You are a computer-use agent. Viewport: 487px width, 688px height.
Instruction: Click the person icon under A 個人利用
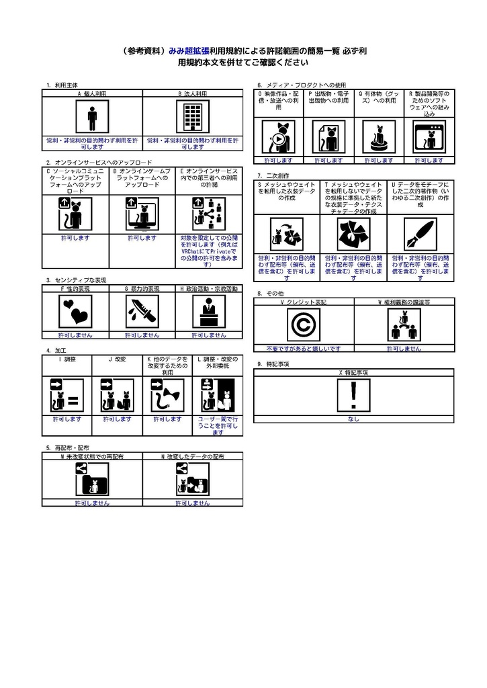click(92, 118)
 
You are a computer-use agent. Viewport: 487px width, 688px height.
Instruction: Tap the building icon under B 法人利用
click(193, 118)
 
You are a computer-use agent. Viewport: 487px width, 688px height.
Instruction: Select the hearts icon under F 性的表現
click(75, 312)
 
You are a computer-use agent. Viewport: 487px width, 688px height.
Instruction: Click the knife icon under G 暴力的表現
click(142, 312)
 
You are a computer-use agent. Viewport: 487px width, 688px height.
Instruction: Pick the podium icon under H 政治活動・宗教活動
click(209, 312)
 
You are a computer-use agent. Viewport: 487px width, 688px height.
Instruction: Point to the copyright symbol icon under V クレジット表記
click(303, 325)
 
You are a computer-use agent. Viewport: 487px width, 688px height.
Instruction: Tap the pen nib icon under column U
click(420, 235)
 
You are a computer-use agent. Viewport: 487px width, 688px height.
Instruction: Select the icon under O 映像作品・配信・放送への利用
click(278, 138)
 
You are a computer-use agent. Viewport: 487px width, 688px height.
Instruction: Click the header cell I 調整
click(67, 359)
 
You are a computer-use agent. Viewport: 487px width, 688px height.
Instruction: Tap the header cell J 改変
click(117, 359)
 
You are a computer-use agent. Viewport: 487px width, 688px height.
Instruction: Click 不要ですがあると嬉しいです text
click(303, 349)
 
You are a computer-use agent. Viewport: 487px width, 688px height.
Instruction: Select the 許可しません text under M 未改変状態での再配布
click(92, 503)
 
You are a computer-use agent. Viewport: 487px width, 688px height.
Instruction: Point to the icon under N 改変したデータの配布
click(192, 480)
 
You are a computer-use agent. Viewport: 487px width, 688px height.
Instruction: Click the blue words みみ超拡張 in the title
click(189, 51)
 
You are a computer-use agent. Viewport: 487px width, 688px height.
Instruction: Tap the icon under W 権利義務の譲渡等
click(404, 325)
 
